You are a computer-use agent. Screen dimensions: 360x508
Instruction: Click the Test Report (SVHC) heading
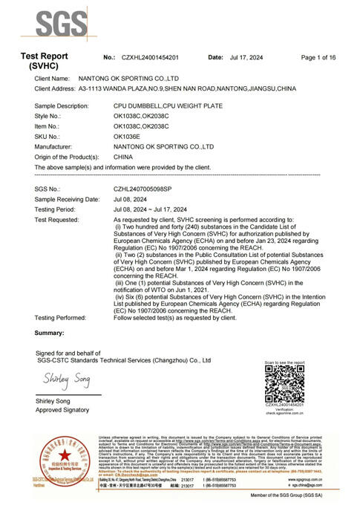tap(44, 61)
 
